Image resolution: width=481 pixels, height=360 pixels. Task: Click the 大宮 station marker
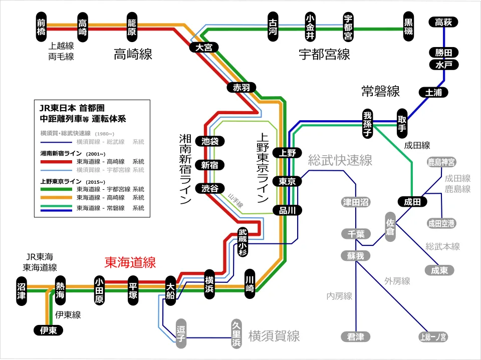tap(203, 47)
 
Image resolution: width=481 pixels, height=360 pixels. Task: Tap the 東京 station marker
tap(288, 181)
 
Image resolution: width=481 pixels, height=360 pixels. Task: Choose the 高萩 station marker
tap(444, 22)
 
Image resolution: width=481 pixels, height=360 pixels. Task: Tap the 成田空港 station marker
tap(441, 223)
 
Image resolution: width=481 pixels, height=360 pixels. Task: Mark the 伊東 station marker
tap(48, 330)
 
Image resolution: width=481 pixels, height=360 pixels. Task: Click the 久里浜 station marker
tap(236, 334)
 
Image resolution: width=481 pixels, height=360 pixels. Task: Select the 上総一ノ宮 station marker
tap(433, 337)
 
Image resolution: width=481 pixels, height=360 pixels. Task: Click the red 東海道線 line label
tap(130, 262)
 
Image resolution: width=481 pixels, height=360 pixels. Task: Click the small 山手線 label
tap(235, 201)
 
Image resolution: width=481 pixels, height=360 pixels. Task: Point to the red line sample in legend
tap(56, 162)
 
